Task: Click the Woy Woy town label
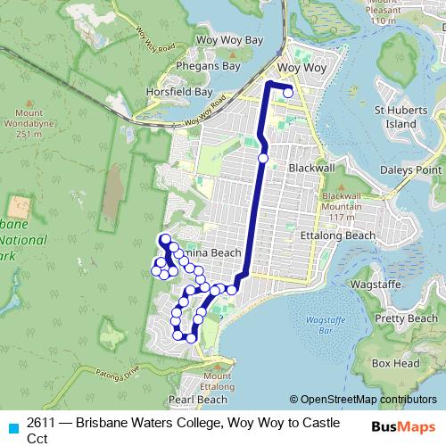(302, 68)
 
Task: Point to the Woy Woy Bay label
(230, 41)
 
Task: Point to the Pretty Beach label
(406, 318)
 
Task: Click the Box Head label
(395, 363)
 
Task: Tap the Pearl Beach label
(194, 401)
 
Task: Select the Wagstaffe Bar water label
(318, 325)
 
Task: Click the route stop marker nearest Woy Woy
(288, 92)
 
